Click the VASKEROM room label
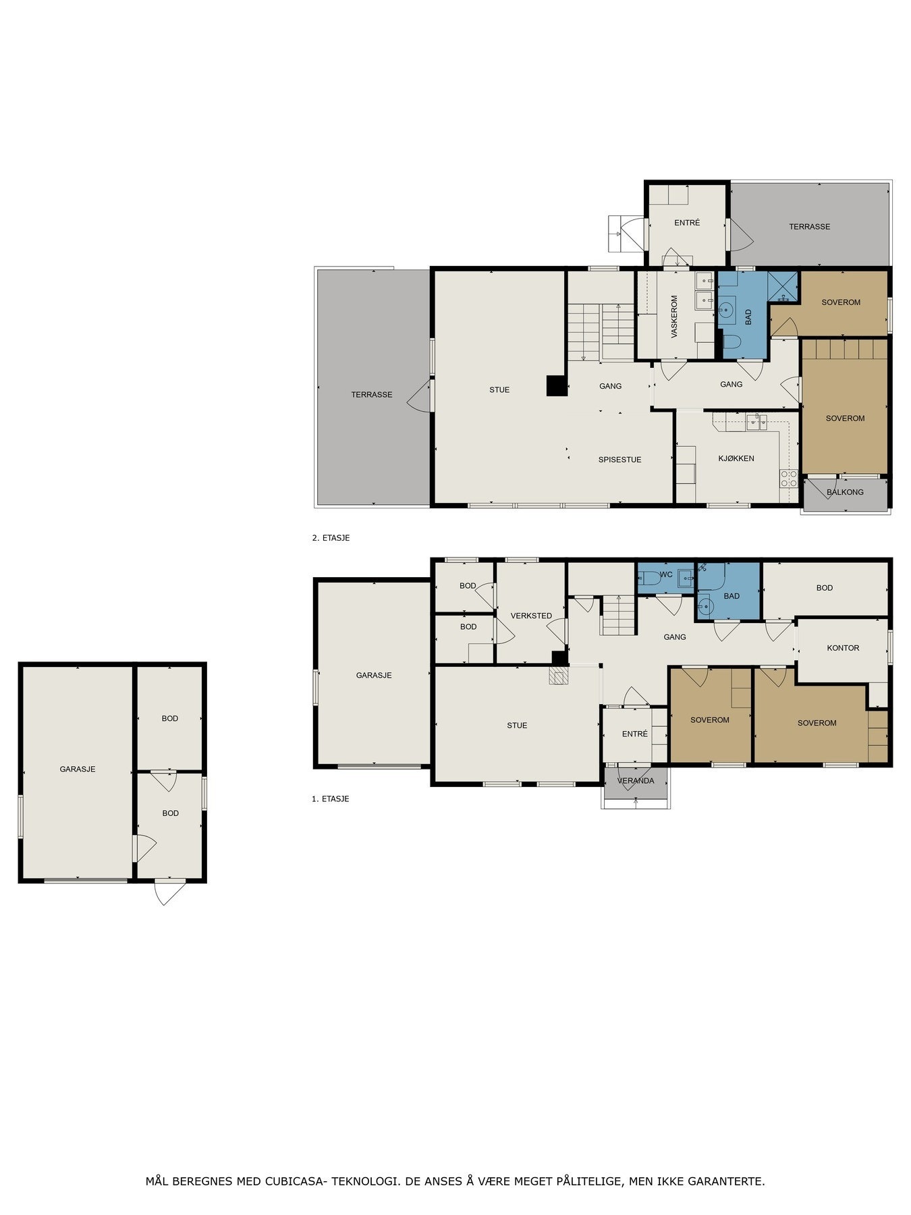pyautogui.click(x=673, y=317)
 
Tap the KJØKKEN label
pyautogui.click(x=736, y=458)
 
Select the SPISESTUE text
pyautogui.click(x=619, y=460)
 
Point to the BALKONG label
pyautogui.click(x=845, y=492)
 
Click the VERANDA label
pyautogui.click(x=636, y=781)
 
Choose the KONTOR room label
pyautogui.click(x=843, y=648)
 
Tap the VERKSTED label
pyautogui.click(x=531, y=616)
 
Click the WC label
pyautogui.click(x=666, y=575)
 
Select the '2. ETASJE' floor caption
pyautogui.click(x=331, y=539)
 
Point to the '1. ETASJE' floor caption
pyautogui.click(x=330, y=799)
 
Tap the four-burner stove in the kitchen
pyautogui.click(x=789, y=479)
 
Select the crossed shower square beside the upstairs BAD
pyautogui.click(x=783, y=287)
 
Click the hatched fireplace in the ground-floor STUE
pyautogui.click(x=558, y=676)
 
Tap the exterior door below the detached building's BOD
pyautogui.click(x=170, y=892)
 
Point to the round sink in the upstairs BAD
pyautogui.click(x=726, y=311)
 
